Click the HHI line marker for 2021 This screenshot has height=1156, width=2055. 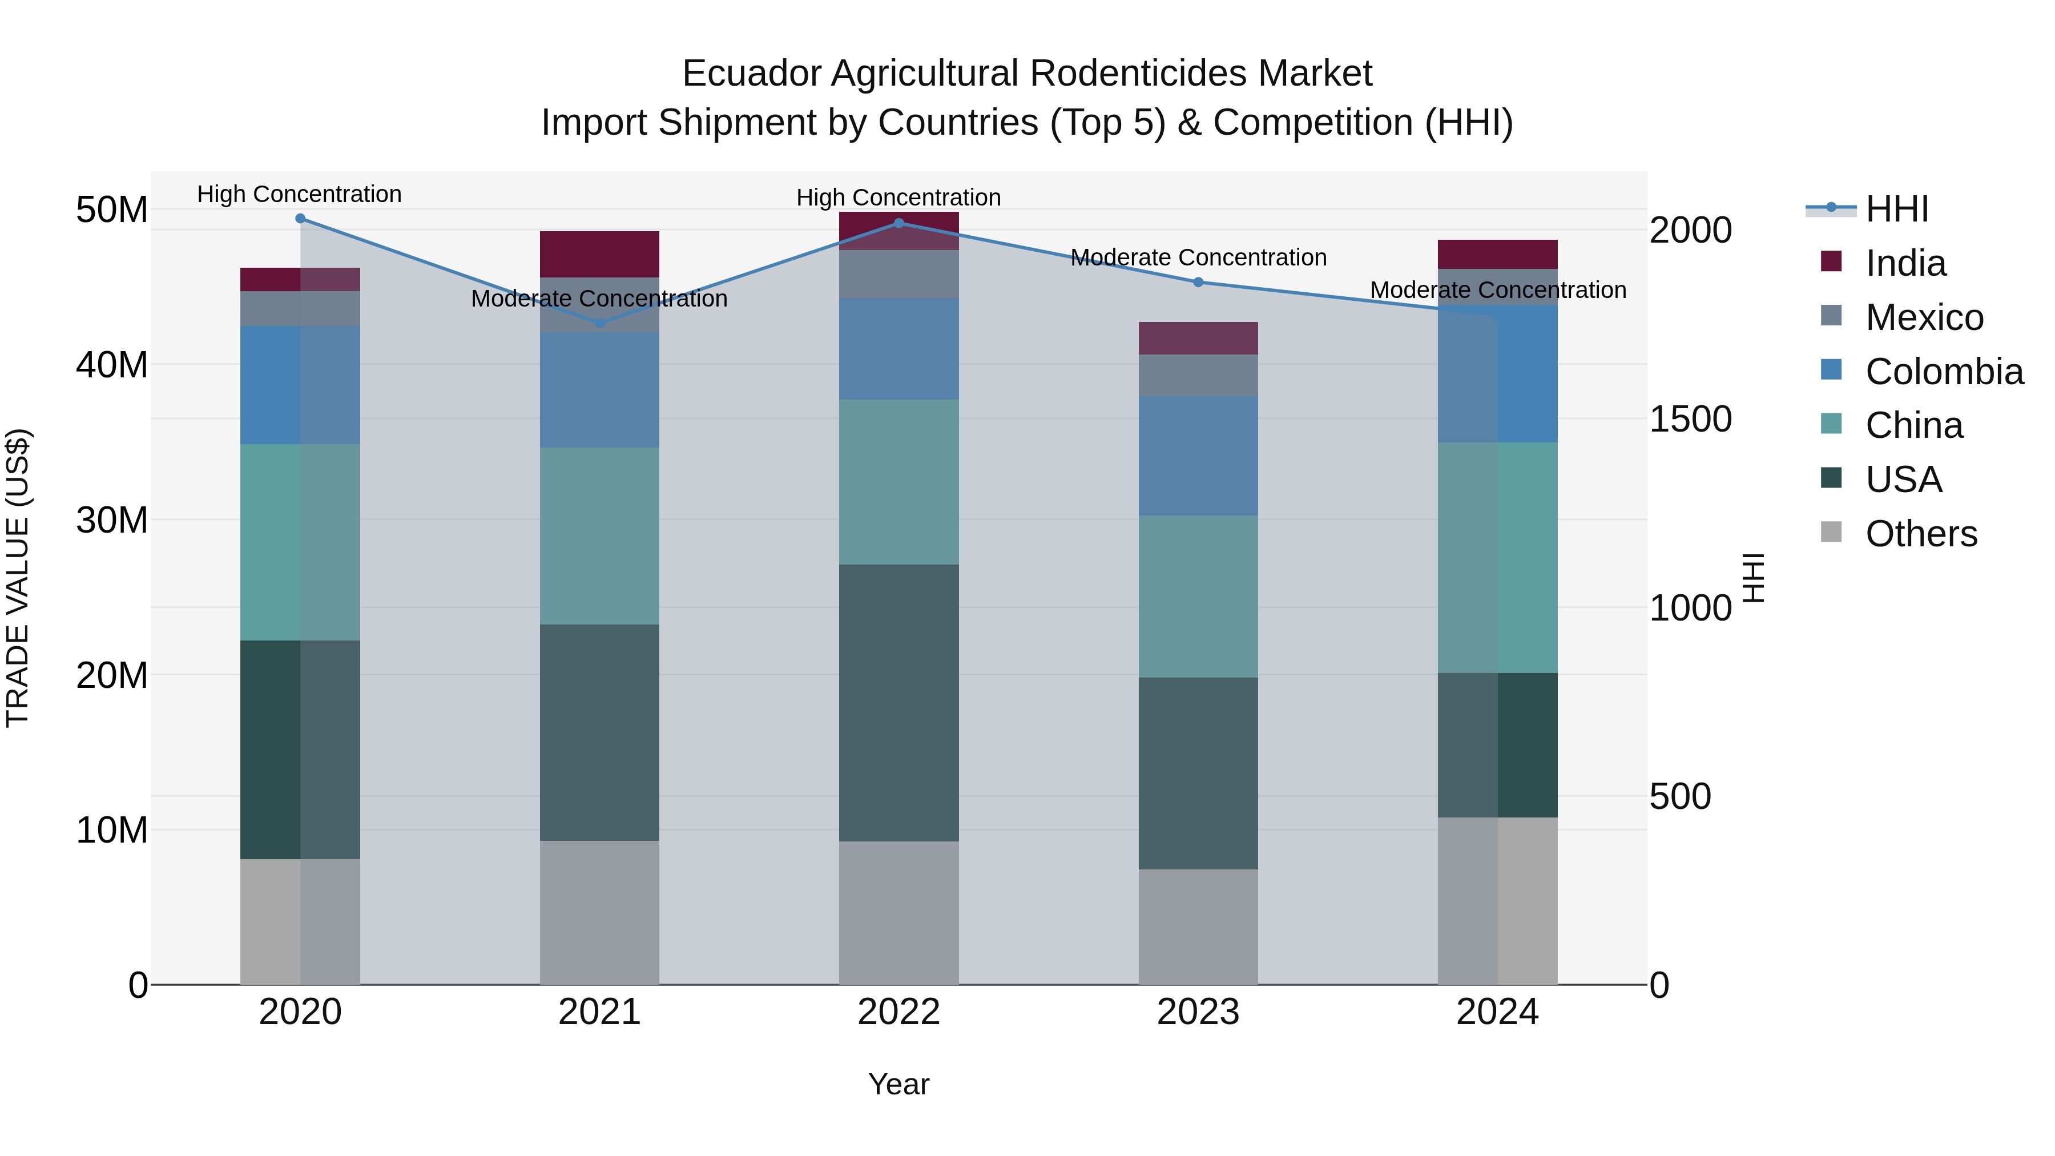point(600,323)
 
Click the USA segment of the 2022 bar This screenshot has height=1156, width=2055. point(899,703)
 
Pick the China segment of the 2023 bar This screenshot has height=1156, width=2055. point(1198,597)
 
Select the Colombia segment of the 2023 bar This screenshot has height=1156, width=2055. point(1198,456)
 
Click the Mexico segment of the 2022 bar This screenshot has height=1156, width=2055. point(899,275)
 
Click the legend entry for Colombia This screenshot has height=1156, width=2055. point(1943,372)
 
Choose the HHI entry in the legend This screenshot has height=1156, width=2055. point(1896,209)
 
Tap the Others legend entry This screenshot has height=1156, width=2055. point(1920,534)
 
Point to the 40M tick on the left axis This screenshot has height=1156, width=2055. point(112,365)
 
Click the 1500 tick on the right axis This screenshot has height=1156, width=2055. point(1690,420)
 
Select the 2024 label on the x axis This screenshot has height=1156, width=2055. point(1497,1012)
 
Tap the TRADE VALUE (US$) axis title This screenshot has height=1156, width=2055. point(18,578)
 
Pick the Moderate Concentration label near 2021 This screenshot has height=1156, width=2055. point(600,299)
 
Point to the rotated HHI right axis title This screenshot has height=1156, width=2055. point(1754,578)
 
